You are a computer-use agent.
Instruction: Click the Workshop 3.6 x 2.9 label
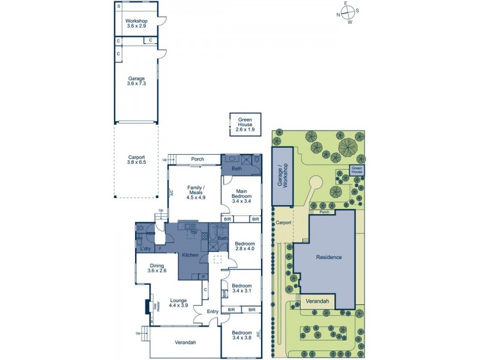click(x=136, y=24)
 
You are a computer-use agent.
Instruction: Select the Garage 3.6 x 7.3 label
click(x=136, y=81)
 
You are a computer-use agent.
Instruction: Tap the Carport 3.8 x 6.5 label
click(x=136, y=160)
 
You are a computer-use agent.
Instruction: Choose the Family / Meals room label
click(x=196, y=193)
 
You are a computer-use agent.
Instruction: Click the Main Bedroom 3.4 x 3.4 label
click(x=242, y=196)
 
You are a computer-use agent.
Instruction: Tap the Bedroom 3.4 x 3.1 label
click(x=242, y=289)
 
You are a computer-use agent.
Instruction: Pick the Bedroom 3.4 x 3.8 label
click(x=242, y=335)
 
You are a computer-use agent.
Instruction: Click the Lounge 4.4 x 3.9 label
click(x=178, y=303)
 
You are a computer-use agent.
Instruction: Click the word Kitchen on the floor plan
click(x=190, y=255)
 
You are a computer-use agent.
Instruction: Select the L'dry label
click(x=145, y=248)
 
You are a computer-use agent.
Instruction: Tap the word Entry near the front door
click(x=213, y=311)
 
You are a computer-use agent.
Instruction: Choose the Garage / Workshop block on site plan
click(x=281, y=175)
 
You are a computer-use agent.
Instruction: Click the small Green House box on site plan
click(x=357, y=170)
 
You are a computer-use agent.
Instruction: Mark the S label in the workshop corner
click(x=119, y=6)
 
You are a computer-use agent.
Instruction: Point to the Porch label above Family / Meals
click(x=197, y=160)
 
